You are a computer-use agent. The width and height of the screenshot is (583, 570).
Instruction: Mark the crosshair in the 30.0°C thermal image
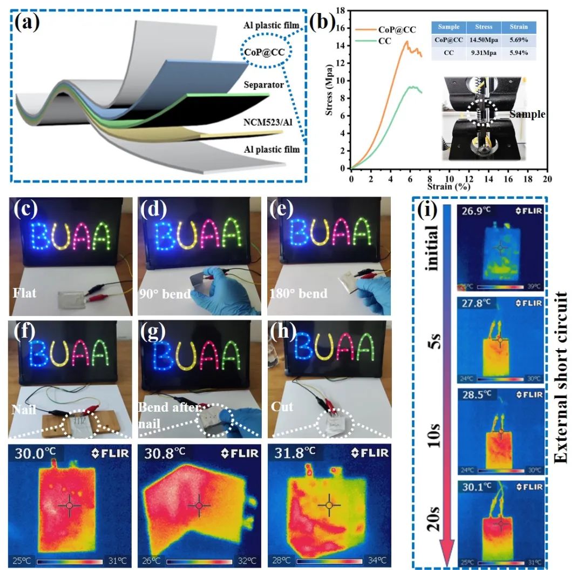(70, 505)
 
